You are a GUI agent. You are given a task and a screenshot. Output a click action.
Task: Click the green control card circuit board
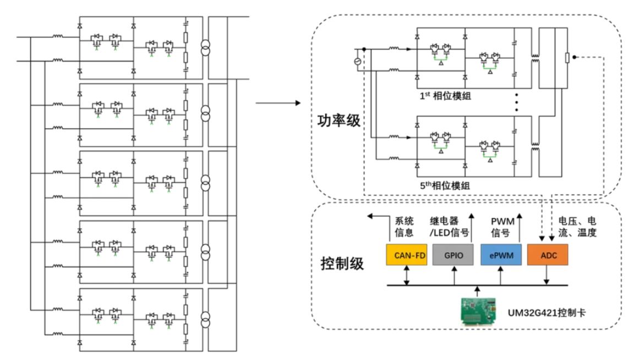[x=477, y=312]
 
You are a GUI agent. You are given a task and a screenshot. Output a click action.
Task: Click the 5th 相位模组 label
[x=443, y=186]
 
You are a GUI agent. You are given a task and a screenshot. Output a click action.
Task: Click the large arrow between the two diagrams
[x=278, y=103]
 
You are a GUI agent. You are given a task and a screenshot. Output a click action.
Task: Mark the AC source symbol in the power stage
[x=358, y=61]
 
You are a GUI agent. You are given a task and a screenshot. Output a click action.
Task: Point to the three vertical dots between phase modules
[x=516, y=103]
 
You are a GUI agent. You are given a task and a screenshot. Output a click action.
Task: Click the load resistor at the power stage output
[x=567, y=58]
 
